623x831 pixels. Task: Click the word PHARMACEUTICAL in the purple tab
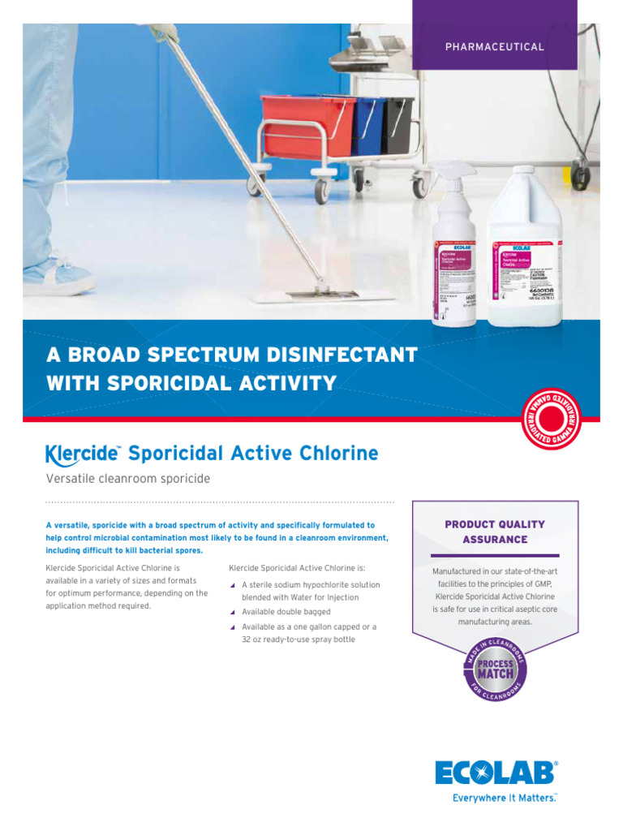pyautogui.click(x=494, y=47)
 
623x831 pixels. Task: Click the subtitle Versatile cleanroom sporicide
pyautogui.click(x=128, y=479)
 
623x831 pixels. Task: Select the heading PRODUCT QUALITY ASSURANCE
pyautogui.click(x=495, y=532)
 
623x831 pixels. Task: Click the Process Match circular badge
pyautogui.click(x=495, y=670)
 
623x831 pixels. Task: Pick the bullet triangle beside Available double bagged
pyautogui.click(x=232, y=612)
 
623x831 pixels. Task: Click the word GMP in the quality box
pyautogui.click(x=541, y=583)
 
